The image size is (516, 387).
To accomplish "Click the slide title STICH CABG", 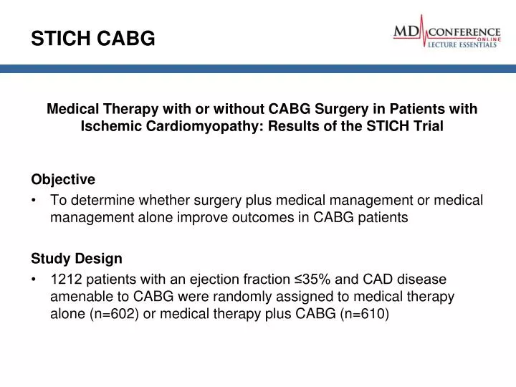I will point(92,40).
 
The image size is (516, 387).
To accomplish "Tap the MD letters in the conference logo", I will point(411,32).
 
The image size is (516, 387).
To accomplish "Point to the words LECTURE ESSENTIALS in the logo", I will point(463,44).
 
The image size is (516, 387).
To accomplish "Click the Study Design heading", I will point(76,257).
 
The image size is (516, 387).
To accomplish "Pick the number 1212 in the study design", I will point(65,279).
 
